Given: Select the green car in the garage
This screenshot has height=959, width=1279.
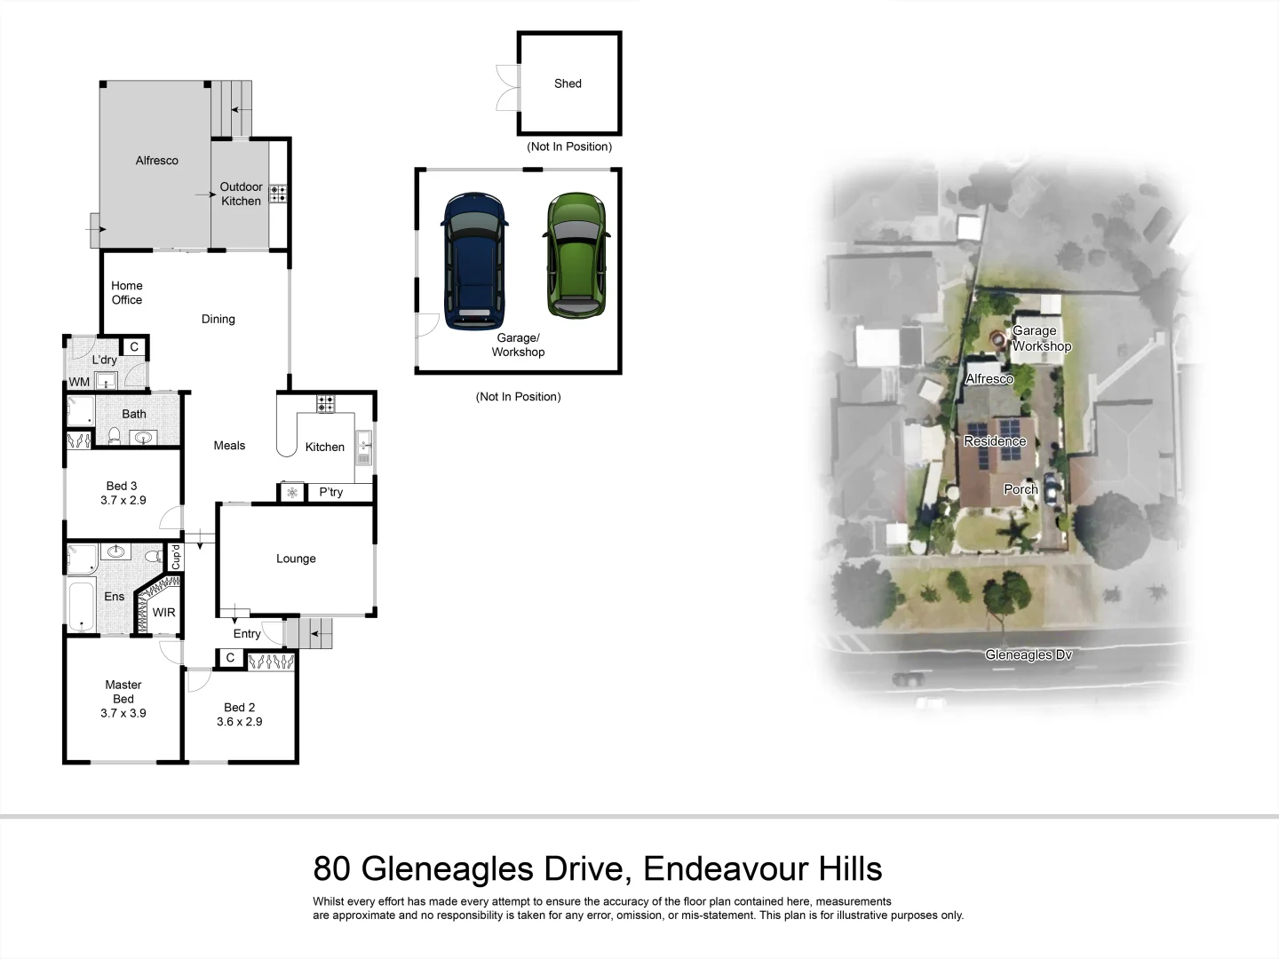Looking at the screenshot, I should [x=576, y=255].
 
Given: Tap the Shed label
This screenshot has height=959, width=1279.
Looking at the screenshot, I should [x=568, y=83].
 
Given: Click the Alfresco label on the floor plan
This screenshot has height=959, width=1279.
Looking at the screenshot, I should [x=156, y=161].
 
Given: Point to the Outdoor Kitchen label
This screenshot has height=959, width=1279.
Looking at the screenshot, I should [x=241, y=194].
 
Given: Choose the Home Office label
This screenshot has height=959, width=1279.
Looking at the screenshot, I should [x=126, y=293].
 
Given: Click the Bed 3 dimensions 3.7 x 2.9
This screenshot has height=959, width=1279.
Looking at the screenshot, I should [x=123, y=501].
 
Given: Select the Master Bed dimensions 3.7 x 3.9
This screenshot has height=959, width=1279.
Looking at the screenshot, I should [x=123, y=713].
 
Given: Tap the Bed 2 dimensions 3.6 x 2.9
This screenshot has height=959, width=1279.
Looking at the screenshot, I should [x=239, y=722].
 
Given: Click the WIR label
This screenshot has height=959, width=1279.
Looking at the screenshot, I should [x=163, y=613].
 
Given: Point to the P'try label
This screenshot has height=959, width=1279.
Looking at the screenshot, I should [x=330, y=492].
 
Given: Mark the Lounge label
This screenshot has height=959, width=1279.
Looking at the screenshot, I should [x=296, y=559].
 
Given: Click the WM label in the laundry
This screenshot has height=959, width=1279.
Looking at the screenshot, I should [x=79, y=382].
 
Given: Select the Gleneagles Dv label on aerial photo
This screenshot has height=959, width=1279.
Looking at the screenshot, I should [x=1028, y=655].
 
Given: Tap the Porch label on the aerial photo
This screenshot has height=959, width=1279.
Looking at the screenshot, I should [x=1021, y=489].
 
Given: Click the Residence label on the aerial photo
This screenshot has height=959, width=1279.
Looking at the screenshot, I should [x=995, y=441].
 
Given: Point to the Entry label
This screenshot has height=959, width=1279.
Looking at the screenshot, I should [x=247, y=634].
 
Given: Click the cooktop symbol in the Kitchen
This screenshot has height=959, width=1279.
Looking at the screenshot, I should [x=325, y=403].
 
